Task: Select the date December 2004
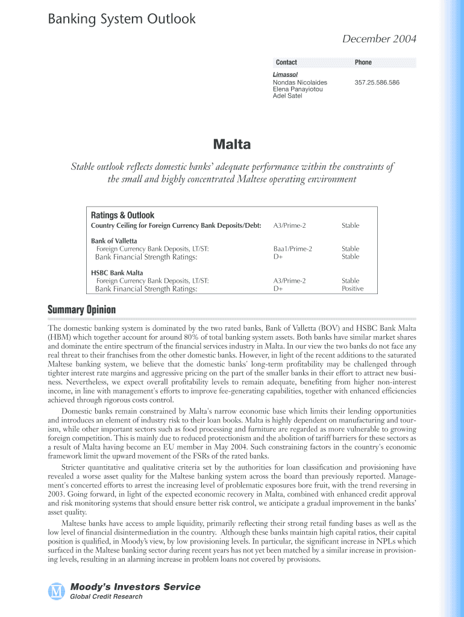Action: point(379,39)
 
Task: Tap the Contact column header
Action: point(286,63)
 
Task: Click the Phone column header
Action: point(363,63)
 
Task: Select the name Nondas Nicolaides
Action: point(300,82)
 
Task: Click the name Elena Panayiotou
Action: point(298,89)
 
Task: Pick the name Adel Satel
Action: point(287,96)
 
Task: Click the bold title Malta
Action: point(232,145)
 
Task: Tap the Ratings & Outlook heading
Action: point(122,215)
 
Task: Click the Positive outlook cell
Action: point(353,289)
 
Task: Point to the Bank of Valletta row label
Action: point(114,241)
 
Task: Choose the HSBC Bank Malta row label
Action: point(117,273)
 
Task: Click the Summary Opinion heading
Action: point(81,310)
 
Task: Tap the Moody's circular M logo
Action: point(56,591)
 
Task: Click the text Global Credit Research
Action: point(107,597)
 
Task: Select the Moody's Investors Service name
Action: point(136,587)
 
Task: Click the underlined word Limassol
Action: point(285,75)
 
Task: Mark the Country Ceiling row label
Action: point(176,225)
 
